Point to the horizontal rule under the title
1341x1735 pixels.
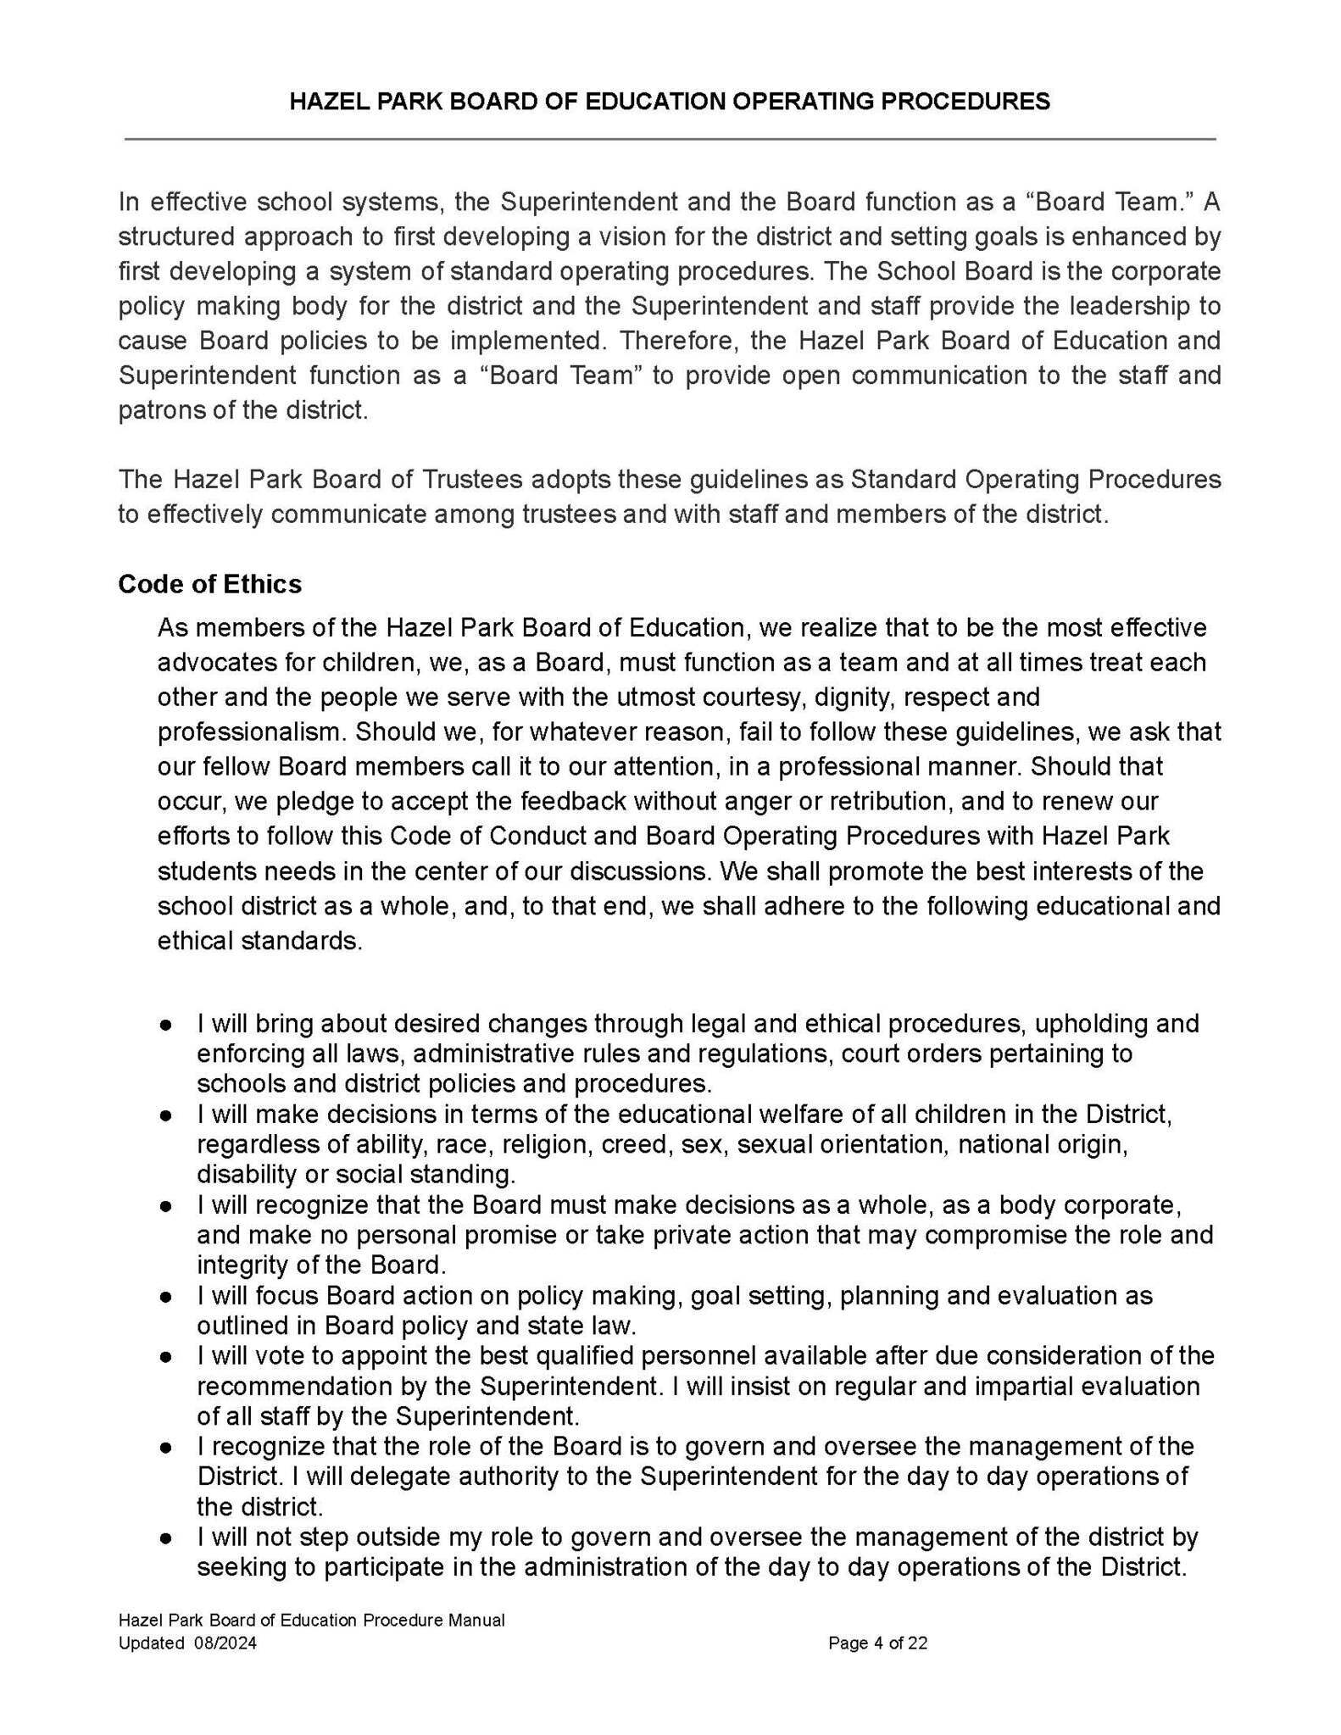click(x=670, y=138)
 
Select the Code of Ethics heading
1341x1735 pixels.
click(x=209, y=584)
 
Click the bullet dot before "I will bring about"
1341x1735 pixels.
click(x=167, y=1024)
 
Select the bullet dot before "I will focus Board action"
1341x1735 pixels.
click(x=167, y=1296)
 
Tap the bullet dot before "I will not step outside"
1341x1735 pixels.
click(x=167, y=1537)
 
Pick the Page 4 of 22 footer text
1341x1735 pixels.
click(x=877, y=1643)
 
